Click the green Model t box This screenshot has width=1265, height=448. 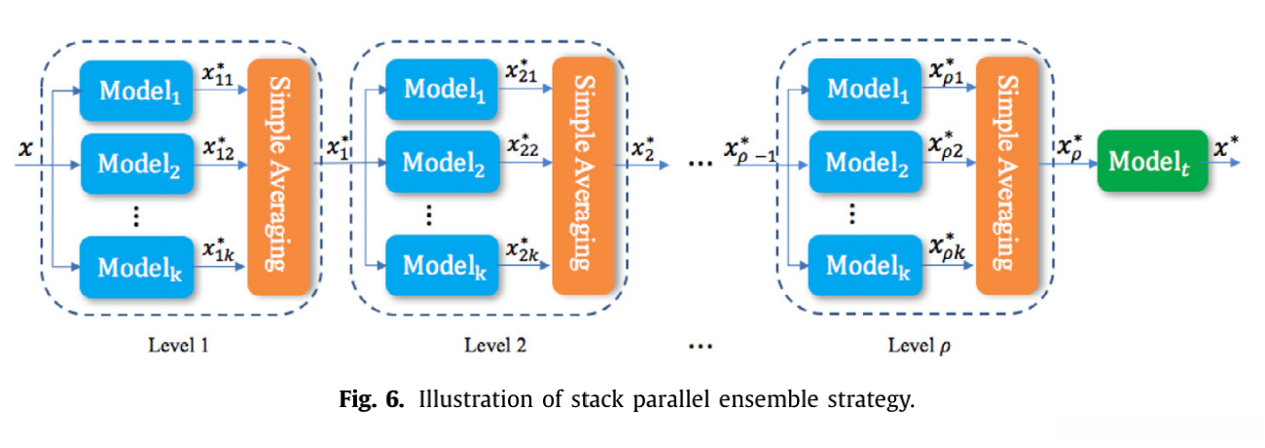(1151, 161)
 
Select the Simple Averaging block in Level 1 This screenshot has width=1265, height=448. (278, 175)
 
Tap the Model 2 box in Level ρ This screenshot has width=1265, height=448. (867, 161)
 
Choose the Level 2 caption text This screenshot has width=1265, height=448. (496, 345)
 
